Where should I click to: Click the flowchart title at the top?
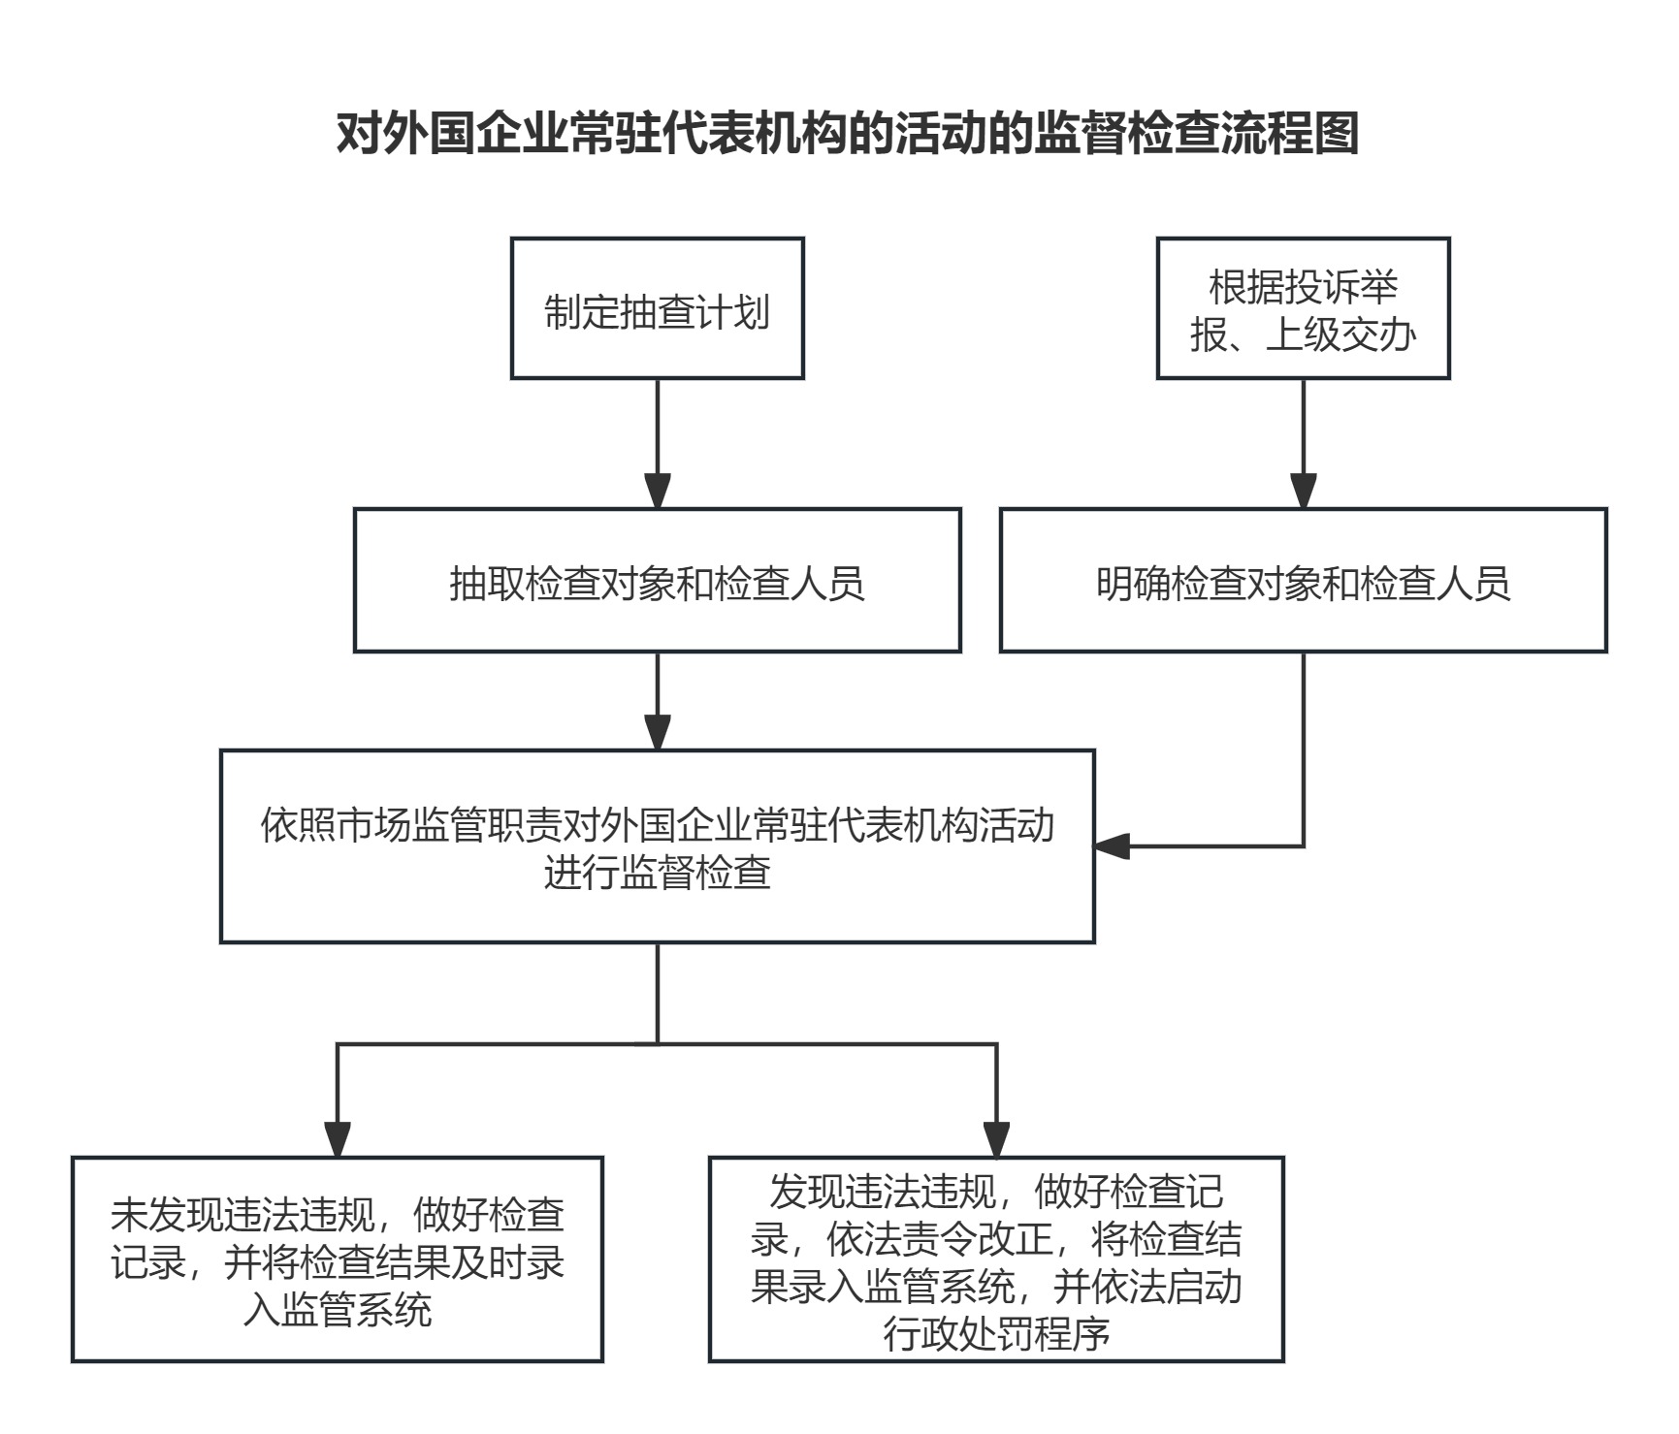tap(847, 133)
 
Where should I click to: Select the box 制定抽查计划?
tap(658, 308)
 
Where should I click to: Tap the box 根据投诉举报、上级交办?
tap(1303, 308)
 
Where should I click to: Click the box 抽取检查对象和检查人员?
tap(658, 580)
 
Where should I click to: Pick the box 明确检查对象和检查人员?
tap(1303, 580)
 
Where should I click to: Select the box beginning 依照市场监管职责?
tap(658, 845)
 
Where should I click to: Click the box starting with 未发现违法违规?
tap(338, 1259)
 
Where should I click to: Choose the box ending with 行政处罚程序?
tap(996, 1259)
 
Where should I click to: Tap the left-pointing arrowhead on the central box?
tap(1113, 846)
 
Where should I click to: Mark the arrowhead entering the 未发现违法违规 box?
tap(337, 1140)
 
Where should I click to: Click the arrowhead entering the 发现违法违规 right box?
tap(996, 1140)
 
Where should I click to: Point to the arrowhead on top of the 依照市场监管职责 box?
tap(658, 733)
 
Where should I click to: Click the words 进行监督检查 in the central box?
tap(658, 872)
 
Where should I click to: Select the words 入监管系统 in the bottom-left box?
tap(338, 1310)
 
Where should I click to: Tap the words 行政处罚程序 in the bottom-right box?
tap(996, 1334)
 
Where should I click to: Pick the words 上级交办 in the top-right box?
tap(1341, 335)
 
